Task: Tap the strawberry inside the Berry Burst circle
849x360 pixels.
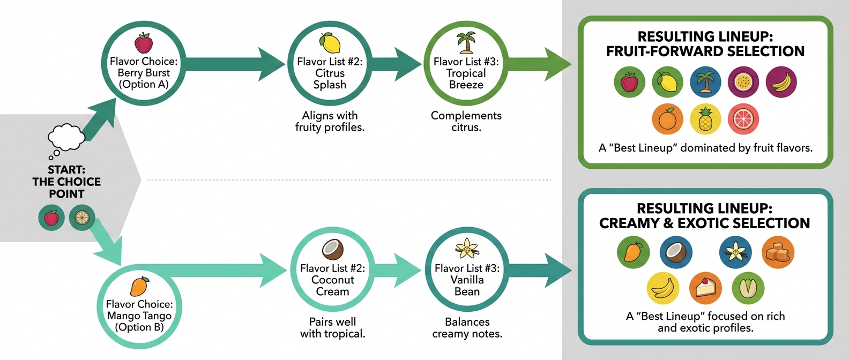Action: click(144, 43)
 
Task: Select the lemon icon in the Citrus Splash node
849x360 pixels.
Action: click(330, 42)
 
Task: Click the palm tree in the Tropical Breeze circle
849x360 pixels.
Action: click(466, 42)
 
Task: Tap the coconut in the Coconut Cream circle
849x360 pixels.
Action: click(332, 249)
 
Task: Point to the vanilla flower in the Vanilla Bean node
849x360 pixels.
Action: click(467, 249)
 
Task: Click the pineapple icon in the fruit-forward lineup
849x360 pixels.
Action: click(705, 119)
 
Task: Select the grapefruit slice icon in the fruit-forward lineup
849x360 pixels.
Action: click(743, 119)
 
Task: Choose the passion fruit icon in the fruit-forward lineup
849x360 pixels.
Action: click(743, 82)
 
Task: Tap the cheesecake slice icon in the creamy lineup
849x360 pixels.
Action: click(705, 288)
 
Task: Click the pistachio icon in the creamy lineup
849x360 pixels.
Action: click(748, 288)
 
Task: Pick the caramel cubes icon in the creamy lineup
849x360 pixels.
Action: click(778, 252)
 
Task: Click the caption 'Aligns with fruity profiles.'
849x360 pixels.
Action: click(330, 121)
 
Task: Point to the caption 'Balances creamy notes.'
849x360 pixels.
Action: click(467, 328)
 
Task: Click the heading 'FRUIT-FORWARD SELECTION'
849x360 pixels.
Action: click(705, 51)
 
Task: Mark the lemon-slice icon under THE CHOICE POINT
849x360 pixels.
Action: click(82, 218)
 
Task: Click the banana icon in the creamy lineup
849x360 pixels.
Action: click(662, 288)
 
